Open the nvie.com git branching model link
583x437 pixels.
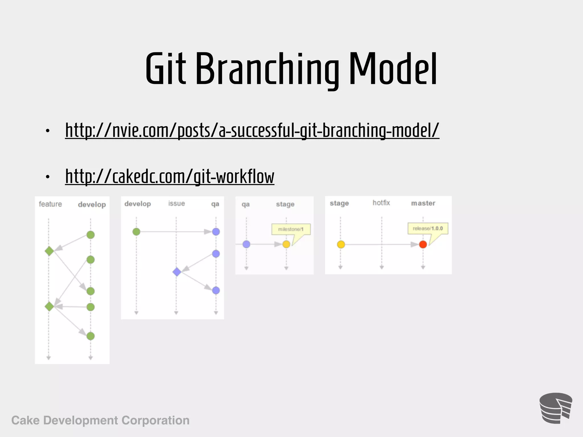pos(252,130)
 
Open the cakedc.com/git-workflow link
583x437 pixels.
pos(170,176)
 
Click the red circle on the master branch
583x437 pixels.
pos(423,244)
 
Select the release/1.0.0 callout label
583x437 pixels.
pos(428,228)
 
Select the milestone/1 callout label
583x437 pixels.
pos(291,229)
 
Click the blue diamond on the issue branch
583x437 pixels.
pos(177,272)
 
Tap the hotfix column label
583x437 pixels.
pos(381,203)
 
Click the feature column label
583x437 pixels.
pos(50,204)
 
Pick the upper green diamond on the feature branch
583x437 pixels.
pos(49,251)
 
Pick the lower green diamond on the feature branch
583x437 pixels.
pos(49,306)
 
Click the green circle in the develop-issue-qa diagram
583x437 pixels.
pos(136,232)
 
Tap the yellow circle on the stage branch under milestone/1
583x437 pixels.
pos(286,244)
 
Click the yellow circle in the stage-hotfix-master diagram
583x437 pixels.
pos(341,244)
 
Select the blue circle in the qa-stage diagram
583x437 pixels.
pos(246,244)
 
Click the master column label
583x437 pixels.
pos(423,203)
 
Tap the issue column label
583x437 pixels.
pos(176,203)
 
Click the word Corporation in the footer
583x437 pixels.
pos(155,420)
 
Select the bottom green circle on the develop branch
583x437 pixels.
pos(91,336)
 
